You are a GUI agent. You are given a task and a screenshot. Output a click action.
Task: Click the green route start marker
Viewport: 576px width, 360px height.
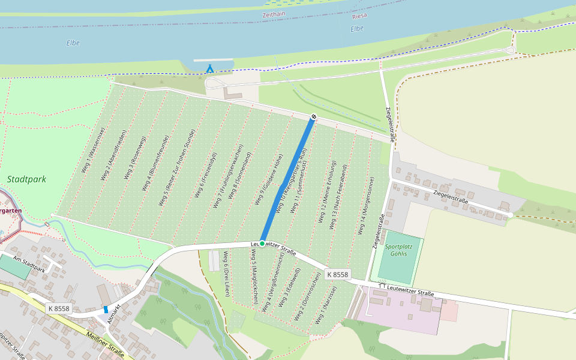click(x=262, y=243)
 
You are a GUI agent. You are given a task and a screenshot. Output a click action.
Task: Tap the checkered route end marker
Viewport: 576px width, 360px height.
click(x=313, y=116)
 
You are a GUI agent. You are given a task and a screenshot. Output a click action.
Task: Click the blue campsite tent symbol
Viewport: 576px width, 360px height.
click(x=209, y=68)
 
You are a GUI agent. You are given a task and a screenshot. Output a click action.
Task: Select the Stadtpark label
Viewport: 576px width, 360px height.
click(x=26, y=179)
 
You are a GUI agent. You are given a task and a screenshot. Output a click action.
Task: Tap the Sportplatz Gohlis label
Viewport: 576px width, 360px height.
click(x=398, y=250)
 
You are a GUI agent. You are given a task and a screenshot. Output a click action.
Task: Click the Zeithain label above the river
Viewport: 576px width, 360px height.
click(x=275, y=14)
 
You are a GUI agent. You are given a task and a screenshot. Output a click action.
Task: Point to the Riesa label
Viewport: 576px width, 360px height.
click(x=360, y=16)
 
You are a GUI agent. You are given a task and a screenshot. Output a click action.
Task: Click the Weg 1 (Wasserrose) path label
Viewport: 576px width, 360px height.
click(x=93, y=151)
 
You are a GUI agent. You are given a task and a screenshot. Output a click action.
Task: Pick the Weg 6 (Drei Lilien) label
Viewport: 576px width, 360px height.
click(x=226, y=274)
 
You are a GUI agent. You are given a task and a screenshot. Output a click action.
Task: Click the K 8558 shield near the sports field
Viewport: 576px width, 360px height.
click(x=337, y=274)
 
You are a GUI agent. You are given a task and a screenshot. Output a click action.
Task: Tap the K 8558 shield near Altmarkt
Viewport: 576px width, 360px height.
click(x=58, y=308)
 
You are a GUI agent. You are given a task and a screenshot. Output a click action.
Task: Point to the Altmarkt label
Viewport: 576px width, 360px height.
click(x=114, y=313)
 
